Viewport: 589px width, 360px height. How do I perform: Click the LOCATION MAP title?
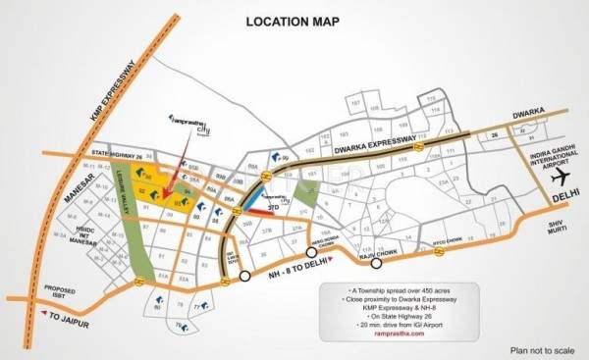[293, 21]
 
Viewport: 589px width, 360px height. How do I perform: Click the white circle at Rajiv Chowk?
[375, 262]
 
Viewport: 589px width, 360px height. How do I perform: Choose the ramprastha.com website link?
[397, 334]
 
